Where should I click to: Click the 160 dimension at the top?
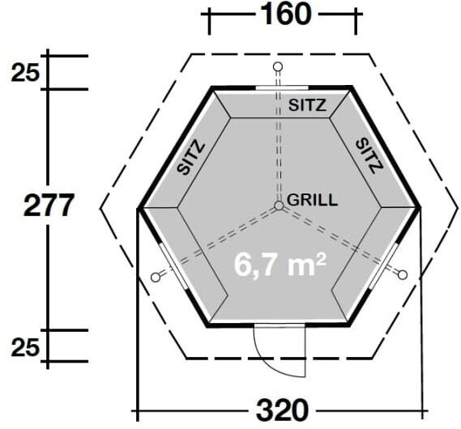click(x=286, y=14)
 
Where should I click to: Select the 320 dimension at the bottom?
click(x=283, y=410)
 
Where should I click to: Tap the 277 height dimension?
click(x=48, y=206)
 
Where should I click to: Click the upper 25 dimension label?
click(x=25, y=73)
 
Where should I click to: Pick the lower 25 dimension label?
click(x=25, y=348)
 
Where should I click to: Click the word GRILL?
click(x=312, y=200)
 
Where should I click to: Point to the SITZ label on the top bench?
click(x=308, y=105)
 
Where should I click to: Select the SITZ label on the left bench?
click(x=191, y=159)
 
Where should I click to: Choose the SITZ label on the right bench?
click(x=369, y=156)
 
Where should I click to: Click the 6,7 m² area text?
click(x=280, y=265)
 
